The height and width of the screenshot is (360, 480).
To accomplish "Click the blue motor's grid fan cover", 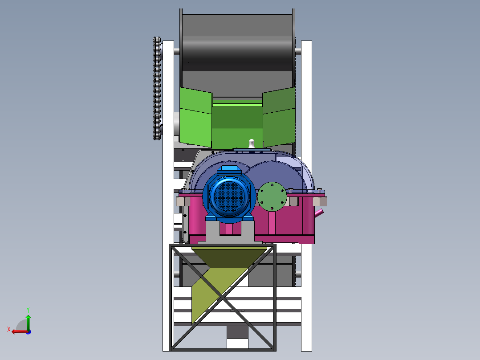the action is (229, 196).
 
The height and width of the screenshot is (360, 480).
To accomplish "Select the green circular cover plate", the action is (272, 196).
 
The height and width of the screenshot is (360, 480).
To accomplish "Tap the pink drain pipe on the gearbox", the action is (319, 213).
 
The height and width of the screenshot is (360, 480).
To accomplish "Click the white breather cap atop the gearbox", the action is (251, 143).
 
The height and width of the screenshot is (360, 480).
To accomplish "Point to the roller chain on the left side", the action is (157, 88).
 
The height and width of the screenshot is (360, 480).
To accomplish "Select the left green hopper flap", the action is (196, 117).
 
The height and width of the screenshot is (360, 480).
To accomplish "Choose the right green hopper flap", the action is (279, 117).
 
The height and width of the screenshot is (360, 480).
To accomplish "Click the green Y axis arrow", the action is (28, 322).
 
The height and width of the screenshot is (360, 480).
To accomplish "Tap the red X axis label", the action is (9, 329).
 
